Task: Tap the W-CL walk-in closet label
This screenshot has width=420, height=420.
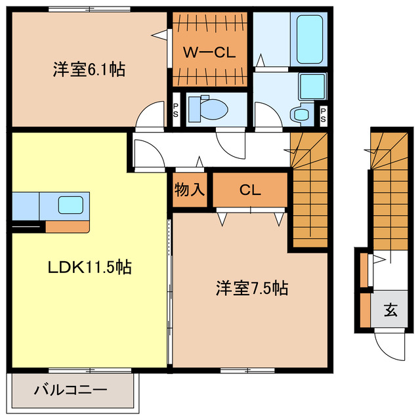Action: pyautogui.click(x=209, y=53)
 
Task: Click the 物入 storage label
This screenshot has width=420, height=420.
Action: pyautogui.click(x=190, y=190)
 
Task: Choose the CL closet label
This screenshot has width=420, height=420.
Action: pyautogui.click(x=250, y=190)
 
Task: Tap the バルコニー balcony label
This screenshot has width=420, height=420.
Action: pyautogui.click(x=70, y=390)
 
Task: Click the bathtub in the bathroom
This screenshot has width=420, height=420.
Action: pyautogui.click(x=307, y=39)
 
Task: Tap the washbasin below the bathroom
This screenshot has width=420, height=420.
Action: pyautogui.click(x=303, y=114)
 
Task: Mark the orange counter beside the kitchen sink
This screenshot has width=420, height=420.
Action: pyautogui.click(x=66, y=227)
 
